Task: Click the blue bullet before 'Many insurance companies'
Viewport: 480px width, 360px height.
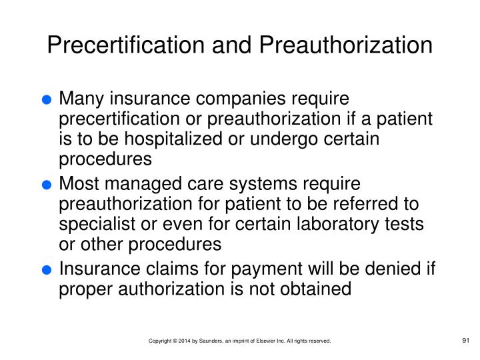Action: pyautogui.click(x=46, y=101)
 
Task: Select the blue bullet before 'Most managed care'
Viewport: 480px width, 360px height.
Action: pyautogui.click(x=46, y=185)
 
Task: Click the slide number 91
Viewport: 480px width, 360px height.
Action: pyautogui.click(x=466, y=341)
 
